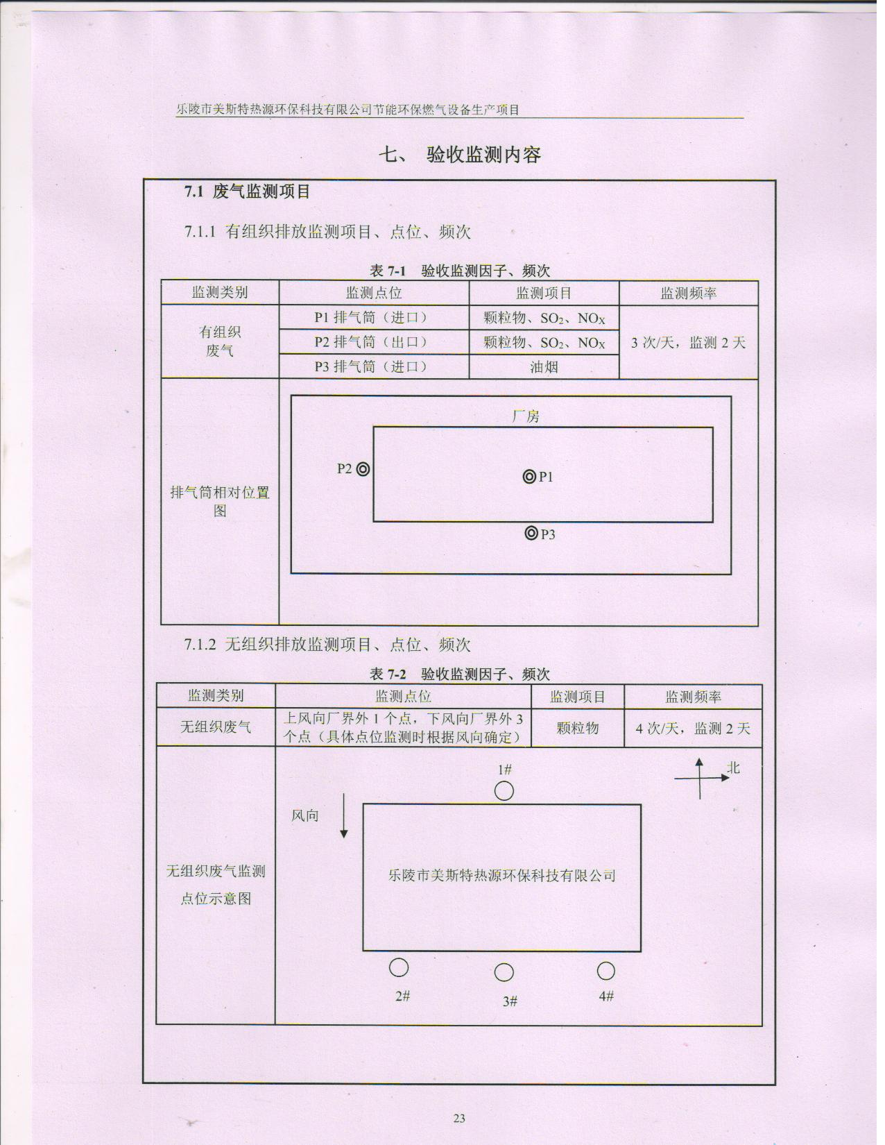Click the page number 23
[x=458, y=1118]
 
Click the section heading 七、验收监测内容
[x=460, y=155]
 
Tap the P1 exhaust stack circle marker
[x=529, y=477]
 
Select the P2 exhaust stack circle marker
[x=363, y=469]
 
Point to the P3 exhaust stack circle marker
[x=531, y=533]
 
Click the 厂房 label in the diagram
[x=526, y=416]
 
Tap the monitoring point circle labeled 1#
[x=504, y=791]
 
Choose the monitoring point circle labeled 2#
[x=399, y=967]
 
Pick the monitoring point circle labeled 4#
[x=606, y=971]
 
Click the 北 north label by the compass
[x=733, y=767]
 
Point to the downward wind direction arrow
[x=344, y=815]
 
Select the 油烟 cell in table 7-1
[x=544, y=366]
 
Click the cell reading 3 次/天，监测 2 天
[x=689, y=343]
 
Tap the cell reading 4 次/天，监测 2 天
[x=693, y=728]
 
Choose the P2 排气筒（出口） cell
[x=374, y=342]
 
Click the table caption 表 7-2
[x=388, y=674]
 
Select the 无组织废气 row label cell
[x=216, y=727]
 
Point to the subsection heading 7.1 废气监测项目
[x=247, y=192]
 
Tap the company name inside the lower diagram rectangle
[x=501, y=875]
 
